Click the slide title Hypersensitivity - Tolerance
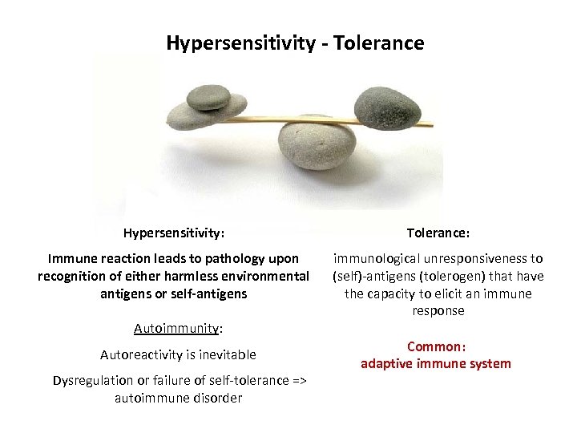point(295,42)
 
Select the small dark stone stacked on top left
point(208,98)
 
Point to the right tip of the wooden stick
point(430,125)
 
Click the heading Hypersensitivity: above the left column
point(174,233)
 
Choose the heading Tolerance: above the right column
point(438,233)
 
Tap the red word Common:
point(436,347)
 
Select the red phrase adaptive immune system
point(435,364)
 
